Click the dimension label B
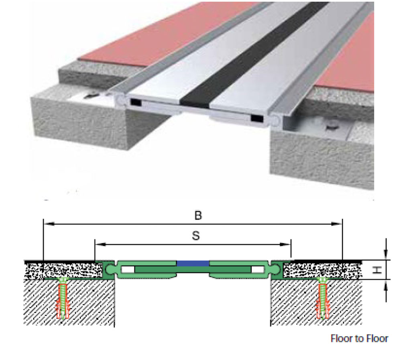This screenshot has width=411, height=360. [197, 216]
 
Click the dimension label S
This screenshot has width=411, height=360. [195, 236]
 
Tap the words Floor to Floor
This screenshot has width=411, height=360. [359, 338]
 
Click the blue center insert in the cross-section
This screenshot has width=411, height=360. [193, 263]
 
